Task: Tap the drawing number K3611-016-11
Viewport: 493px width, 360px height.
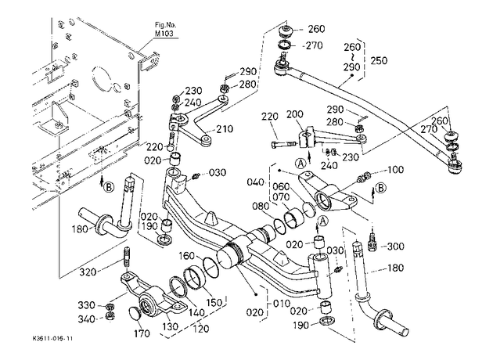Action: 52,339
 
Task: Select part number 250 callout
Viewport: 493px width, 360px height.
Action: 379,60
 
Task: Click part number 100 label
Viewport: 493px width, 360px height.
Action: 395,170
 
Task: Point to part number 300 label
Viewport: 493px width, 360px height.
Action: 395,246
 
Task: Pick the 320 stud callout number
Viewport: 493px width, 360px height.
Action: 88,272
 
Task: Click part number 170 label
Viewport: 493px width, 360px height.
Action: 142,333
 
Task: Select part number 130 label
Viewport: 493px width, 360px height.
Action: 170,326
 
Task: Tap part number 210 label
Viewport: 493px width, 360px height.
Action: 225,129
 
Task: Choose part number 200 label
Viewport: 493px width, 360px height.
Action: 294,114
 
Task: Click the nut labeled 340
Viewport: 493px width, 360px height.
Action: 110,316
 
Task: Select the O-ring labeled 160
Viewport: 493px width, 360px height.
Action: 211,268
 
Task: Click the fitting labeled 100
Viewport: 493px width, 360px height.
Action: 364,178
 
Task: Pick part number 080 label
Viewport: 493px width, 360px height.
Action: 261,207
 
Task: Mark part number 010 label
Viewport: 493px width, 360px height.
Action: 282,304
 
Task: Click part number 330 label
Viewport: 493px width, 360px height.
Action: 87,305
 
